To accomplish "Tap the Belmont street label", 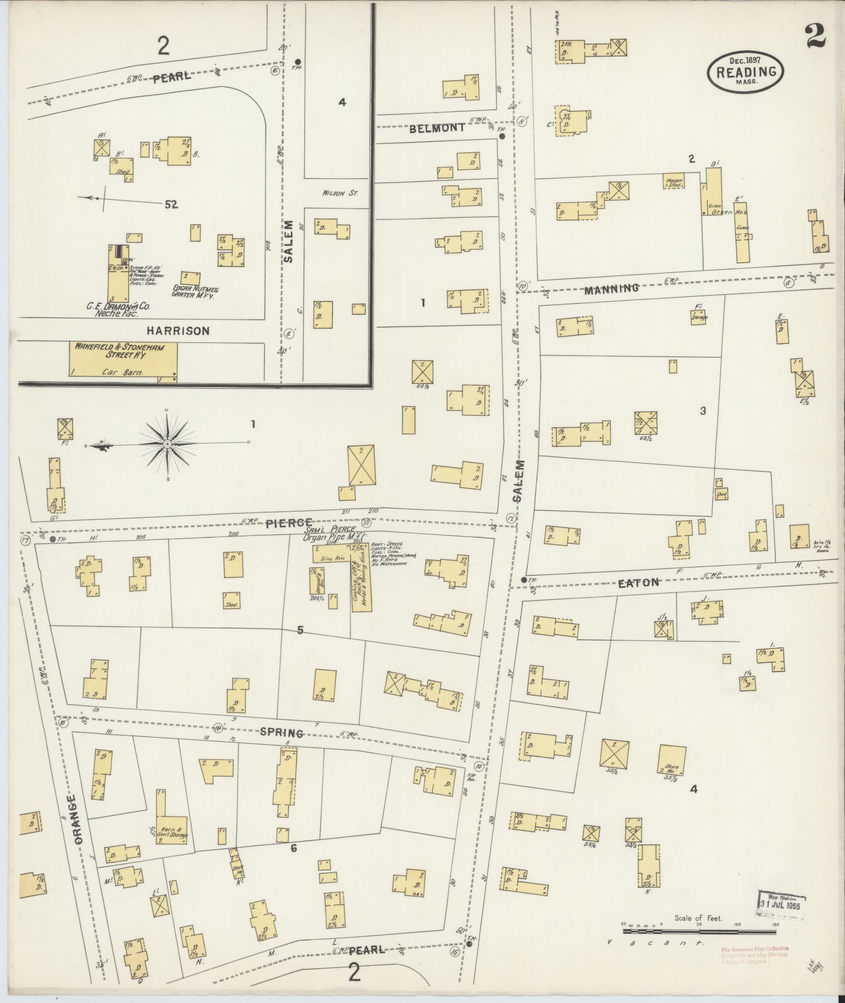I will pyautogui.click(x=437, y=127).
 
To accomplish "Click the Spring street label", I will pyautogui.click(x=281, y=732).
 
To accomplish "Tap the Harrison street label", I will pyautogui.click(x=178, y=331).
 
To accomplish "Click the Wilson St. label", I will pyautogui.click(x=339, y=193).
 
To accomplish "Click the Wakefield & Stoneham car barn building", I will pyautogui.click(x=123, y=359).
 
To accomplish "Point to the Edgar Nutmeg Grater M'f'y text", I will pyautogui.click(x=195, y=292).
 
